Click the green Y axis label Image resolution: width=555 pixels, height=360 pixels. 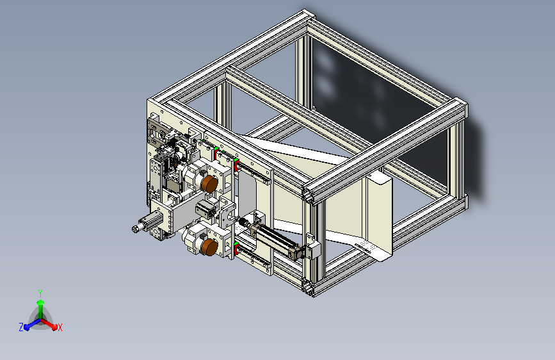pos(40,293)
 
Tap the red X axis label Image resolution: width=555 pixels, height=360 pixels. pos(60,327)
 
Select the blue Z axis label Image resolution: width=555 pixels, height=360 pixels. pos(21,327)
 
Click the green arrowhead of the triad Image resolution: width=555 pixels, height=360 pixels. pos(40,302)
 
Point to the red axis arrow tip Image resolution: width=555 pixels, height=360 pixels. pos(54,327)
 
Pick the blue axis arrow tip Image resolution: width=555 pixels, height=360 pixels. pos(26,327)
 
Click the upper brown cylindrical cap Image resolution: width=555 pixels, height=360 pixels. pos(209,184)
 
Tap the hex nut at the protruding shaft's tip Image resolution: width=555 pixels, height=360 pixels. pos(135,229)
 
